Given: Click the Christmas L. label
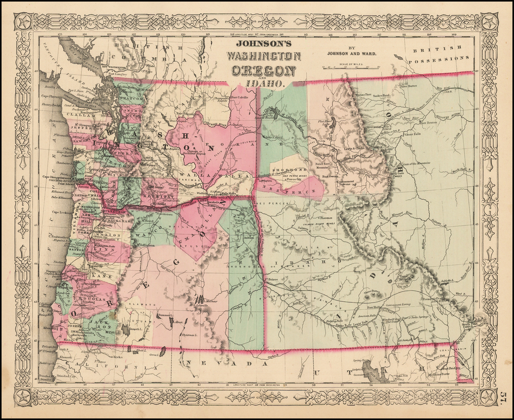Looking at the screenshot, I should coord(189,334).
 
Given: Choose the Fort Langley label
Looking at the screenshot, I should coord(124,73).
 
